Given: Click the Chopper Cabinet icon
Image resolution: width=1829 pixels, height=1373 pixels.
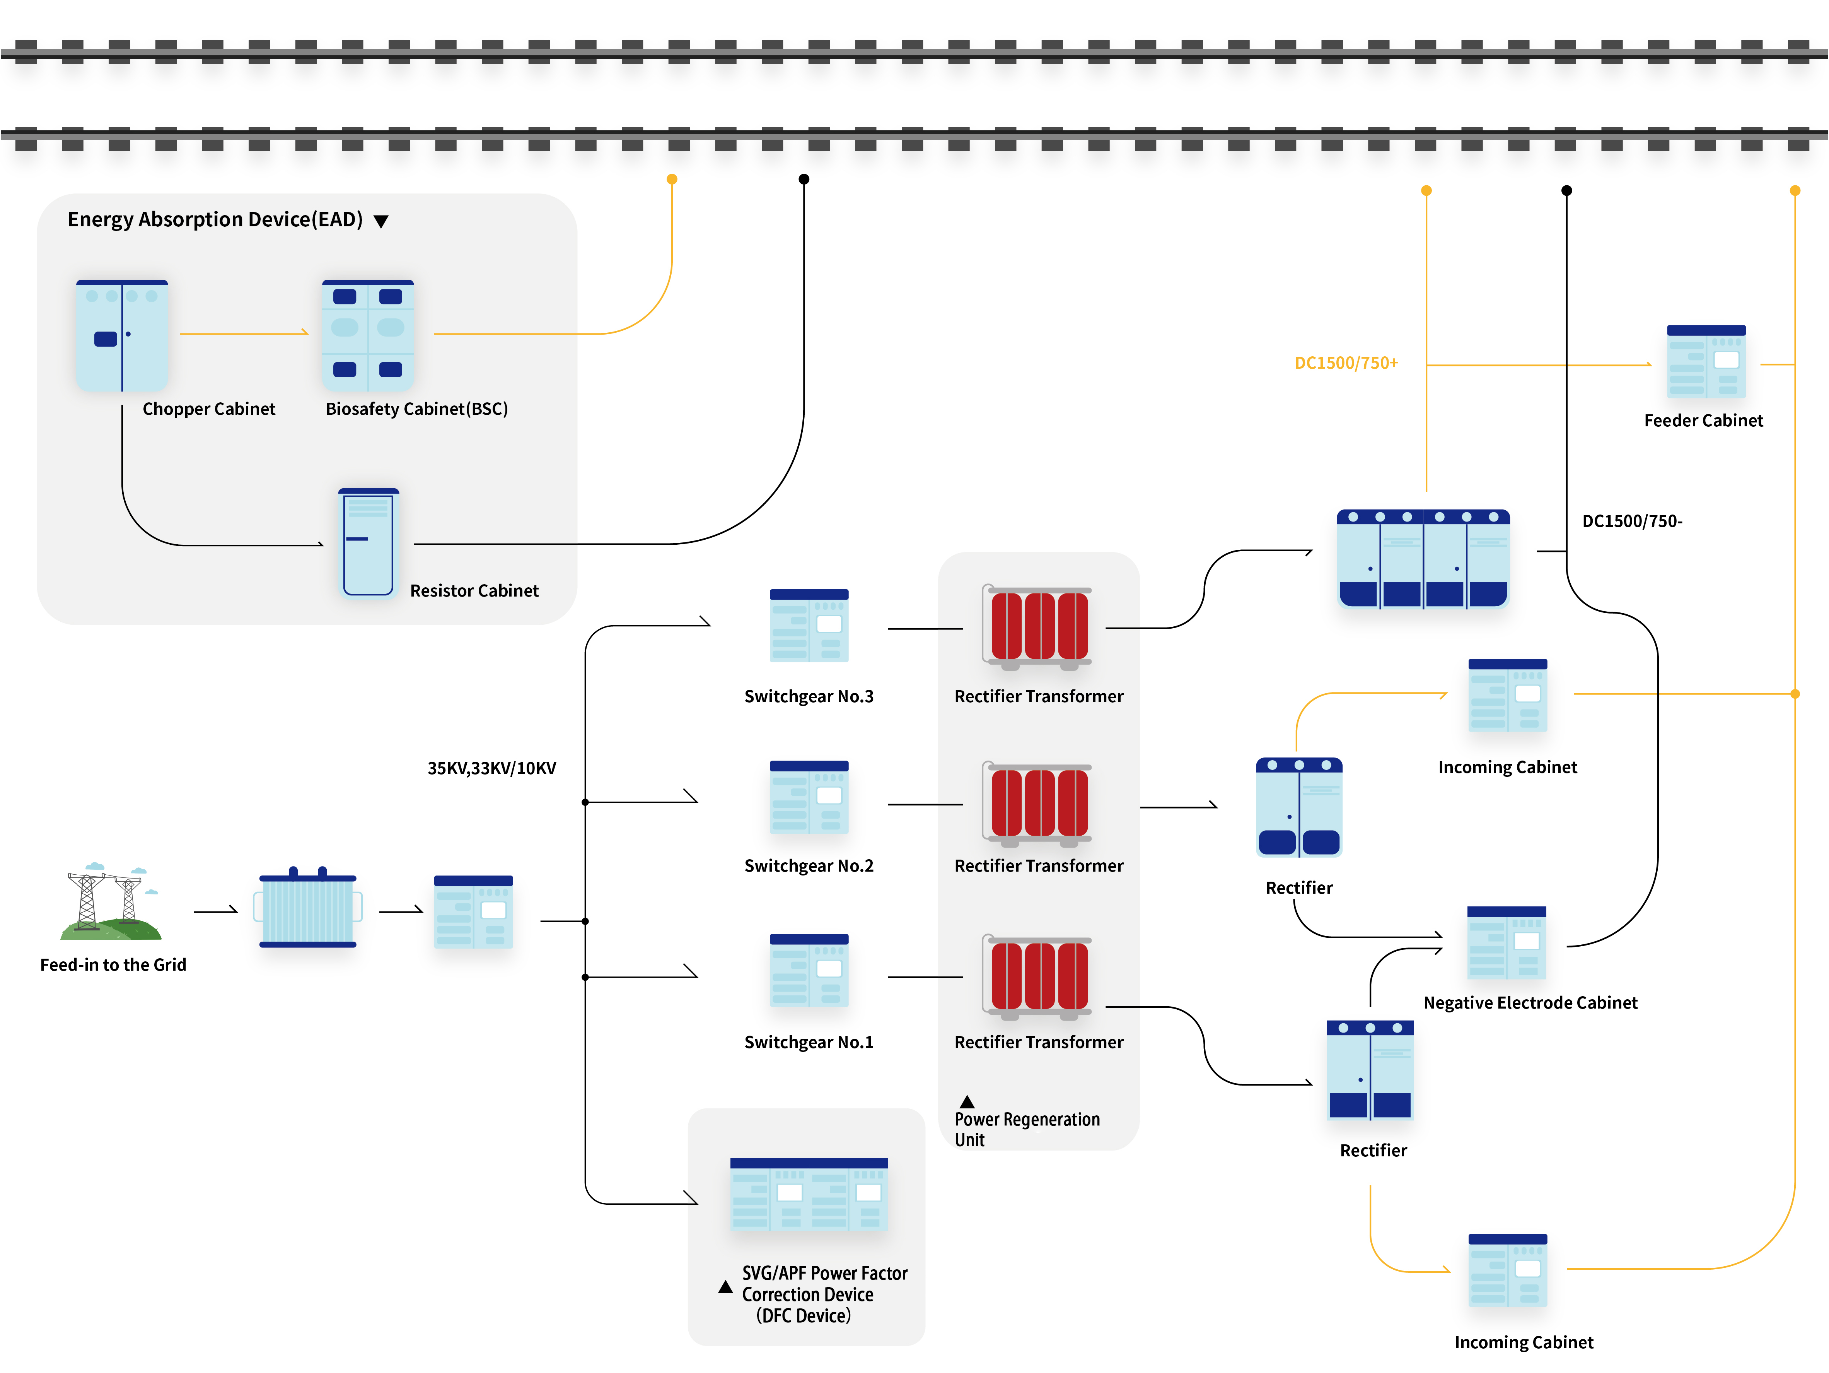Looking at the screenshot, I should [x=122, y=335].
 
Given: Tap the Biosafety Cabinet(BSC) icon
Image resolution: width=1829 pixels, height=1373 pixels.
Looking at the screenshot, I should [x=368, y=335].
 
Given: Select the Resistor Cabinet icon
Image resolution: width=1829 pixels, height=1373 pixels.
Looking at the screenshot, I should [x=369, y=542].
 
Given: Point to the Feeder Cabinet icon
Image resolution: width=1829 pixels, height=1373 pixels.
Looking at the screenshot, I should [x=1706, y=362].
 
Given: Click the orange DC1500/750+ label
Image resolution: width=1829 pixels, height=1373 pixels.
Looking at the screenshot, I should [x=1346, y=363].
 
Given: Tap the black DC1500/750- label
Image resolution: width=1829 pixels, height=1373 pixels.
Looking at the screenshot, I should [x=1631, y=521].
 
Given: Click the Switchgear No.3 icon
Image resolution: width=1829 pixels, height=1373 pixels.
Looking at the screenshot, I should [x=809, y=625].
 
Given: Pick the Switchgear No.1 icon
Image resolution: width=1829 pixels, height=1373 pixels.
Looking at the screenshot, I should [x=809, y=970].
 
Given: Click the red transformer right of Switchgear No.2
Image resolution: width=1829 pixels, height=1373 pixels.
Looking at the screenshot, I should [x=1039, y=804].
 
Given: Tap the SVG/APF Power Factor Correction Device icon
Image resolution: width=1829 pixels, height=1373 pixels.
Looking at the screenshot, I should [x=809, y=1194].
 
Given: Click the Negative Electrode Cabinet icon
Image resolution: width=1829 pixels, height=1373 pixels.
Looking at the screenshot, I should [x=1507, y=943].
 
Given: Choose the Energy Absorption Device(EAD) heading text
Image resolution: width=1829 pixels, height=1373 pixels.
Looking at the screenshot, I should [x=215, y=219].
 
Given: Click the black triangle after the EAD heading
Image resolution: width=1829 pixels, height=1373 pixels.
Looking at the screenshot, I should [x=381, y=221].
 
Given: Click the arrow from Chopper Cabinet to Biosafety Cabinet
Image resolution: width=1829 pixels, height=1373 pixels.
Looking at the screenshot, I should [x=244, y=333].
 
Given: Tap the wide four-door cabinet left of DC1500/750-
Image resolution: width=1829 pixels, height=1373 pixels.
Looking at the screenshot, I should [x=1423, y=559].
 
